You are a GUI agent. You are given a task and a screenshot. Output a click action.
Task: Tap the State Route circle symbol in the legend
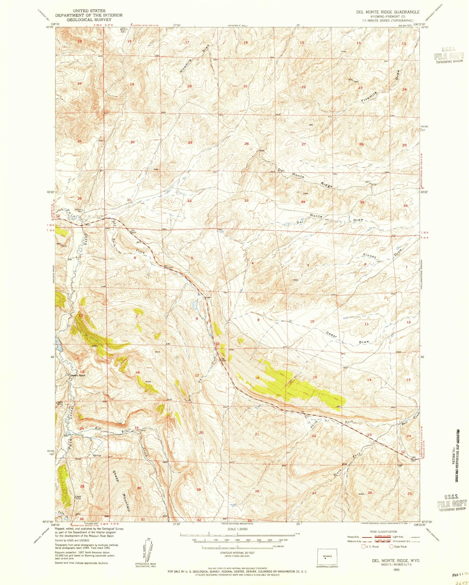click(391, 546)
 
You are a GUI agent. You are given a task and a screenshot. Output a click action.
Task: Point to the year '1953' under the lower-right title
click(396, 569)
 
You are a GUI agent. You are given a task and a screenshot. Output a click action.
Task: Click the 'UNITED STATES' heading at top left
click(89, 11)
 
